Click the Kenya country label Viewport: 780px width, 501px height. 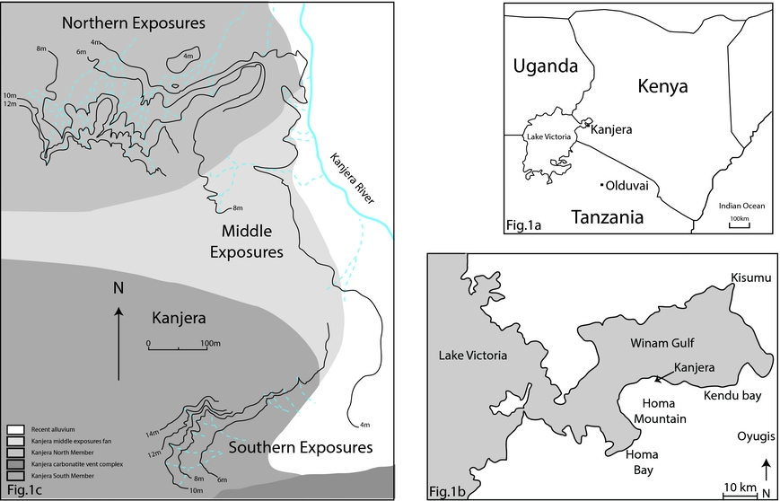coord(662,86)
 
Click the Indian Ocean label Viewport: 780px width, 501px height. coord(741,206)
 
